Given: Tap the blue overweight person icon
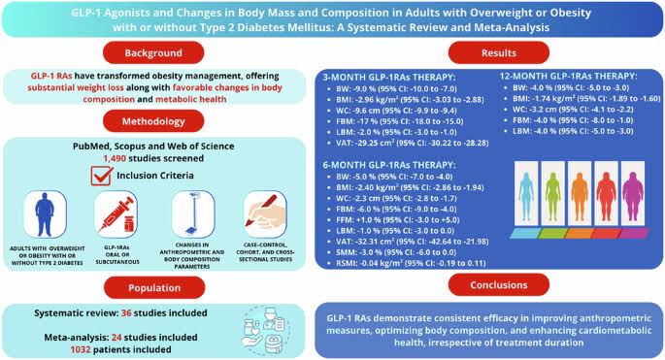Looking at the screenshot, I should (47, 218).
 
